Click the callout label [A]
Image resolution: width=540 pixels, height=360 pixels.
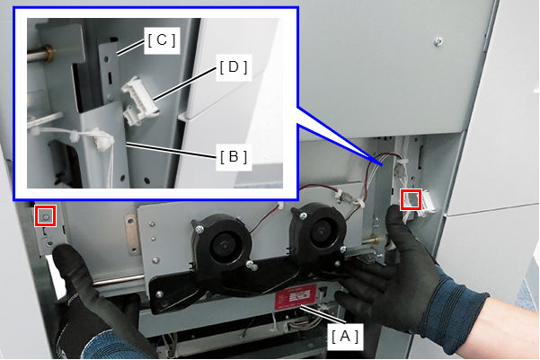345,337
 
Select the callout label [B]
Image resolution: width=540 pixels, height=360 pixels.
234,157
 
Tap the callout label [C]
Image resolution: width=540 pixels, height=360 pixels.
162,40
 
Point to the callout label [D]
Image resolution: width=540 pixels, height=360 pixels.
234,67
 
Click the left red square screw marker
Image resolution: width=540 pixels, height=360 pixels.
45,215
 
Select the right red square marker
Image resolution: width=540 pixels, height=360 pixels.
411,199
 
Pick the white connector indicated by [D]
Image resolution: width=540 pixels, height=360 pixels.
139,101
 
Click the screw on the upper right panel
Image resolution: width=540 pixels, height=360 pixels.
438,42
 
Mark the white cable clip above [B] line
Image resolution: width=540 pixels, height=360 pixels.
103,139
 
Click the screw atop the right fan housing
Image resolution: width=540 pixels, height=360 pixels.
303,215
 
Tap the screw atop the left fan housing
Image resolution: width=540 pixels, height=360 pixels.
199,229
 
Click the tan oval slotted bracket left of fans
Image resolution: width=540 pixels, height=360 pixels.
130,235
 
